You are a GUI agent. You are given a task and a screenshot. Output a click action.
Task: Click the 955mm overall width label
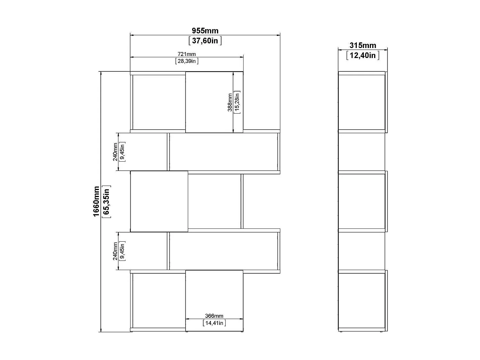click(205, 31)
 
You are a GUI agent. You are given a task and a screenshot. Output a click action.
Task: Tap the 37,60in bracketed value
click(205, 41)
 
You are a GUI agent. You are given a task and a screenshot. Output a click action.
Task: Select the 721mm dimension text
click(187, 54)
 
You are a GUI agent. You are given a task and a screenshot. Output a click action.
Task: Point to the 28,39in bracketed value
click(187, 61)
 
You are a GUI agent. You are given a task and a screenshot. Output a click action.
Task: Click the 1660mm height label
click(96, 202)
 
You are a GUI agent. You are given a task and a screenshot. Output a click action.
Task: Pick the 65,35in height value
click(106, 202)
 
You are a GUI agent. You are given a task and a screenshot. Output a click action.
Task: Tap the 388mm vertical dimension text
click(230, 102)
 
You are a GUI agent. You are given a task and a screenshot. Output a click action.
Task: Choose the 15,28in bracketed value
click(237, 102)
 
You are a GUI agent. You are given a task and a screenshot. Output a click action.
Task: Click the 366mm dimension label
click(214, 316)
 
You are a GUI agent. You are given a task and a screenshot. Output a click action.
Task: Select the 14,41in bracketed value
click(214, 323)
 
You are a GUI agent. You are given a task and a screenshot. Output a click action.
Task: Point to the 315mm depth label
click(363, 45)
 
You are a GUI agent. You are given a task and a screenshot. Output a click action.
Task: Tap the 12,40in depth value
click(363, 55)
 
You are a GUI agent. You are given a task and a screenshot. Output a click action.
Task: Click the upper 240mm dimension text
click(115, 152)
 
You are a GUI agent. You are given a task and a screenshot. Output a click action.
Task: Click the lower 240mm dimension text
click(115, 251)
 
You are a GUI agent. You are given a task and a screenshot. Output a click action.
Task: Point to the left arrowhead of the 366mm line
click(188, 319)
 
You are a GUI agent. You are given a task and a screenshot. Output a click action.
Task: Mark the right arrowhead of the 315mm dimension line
click(386, 50)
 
